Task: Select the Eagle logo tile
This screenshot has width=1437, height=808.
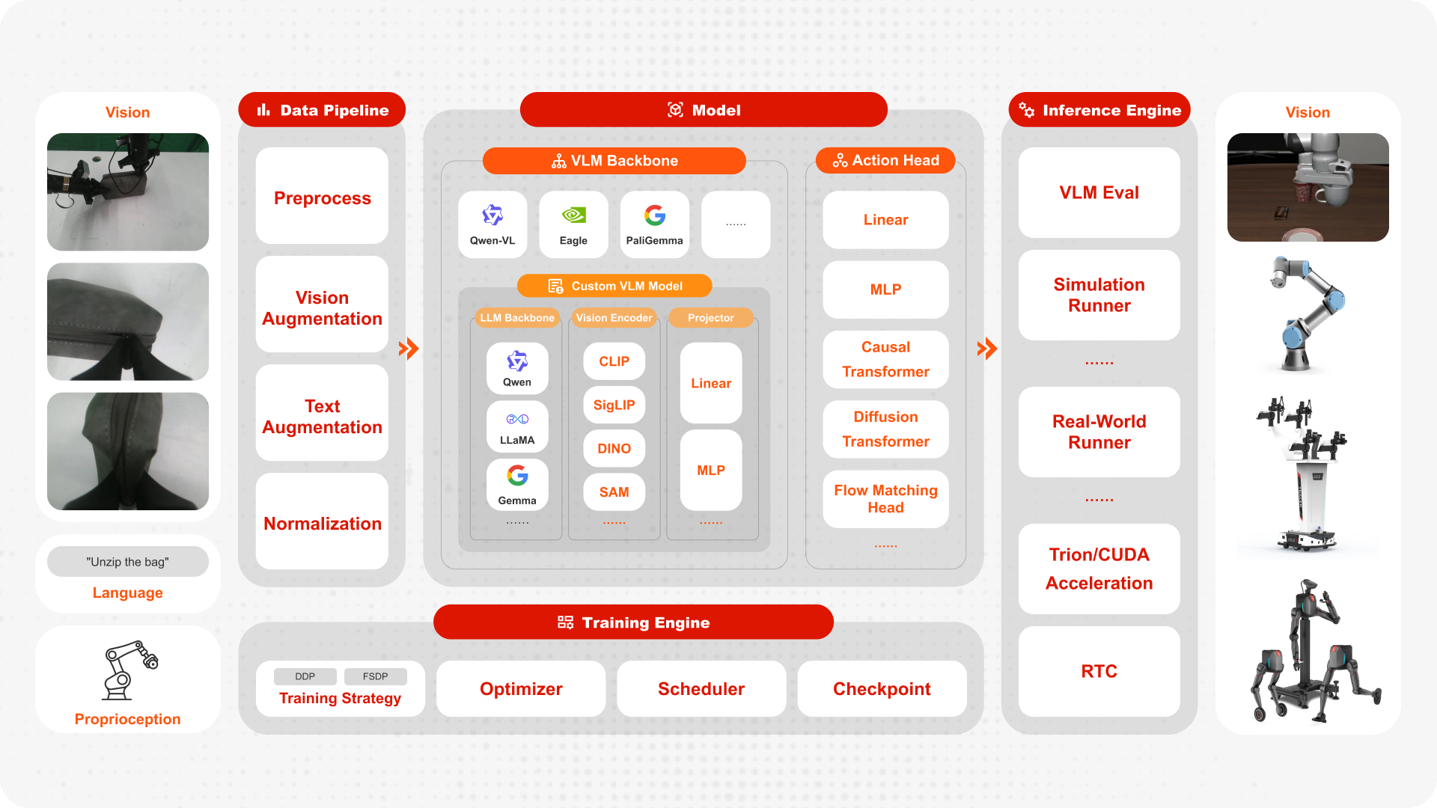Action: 573,224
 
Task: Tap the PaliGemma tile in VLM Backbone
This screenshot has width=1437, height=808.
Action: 654,224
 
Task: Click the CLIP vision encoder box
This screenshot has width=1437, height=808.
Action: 614,361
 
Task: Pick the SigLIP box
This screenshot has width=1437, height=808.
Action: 614,405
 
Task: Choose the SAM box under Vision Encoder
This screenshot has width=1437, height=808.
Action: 614,492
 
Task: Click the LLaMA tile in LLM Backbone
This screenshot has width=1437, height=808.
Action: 517,426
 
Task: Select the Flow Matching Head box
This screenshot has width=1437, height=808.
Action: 885,499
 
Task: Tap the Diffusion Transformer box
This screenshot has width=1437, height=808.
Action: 885,429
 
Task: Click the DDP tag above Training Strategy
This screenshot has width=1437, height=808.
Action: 305,676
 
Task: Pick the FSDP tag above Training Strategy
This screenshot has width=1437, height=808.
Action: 375,676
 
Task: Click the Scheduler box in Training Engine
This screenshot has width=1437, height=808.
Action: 701,689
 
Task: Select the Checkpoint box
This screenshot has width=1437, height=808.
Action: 882,689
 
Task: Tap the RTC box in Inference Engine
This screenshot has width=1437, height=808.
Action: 1099,671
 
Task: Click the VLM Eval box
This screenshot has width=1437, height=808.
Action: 1099,192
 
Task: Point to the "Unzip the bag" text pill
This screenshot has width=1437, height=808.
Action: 127,562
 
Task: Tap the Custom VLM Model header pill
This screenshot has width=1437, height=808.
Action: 614,286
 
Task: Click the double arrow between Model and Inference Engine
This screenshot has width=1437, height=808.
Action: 987,349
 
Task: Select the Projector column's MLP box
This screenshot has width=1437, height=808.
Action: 711,470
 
